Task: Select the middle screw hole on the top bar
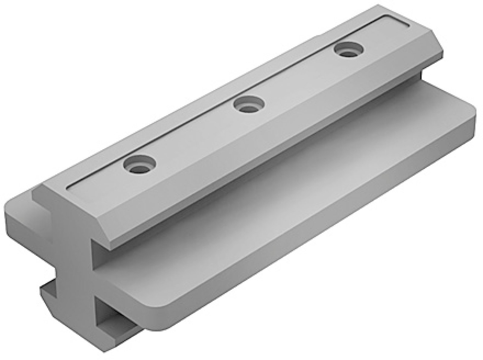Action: pyautogui.click(x=248, y=105)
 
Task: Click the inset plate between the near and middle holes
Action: pyautogui.click(x=193, y=136)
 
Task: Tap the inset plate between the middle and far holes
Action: pyautogui.click(x=299, y=78)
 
